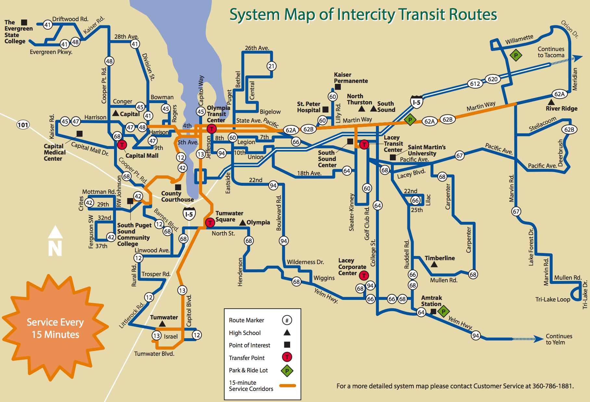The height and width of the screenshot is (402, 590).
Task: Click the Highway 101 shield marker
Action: (x=23, y=125)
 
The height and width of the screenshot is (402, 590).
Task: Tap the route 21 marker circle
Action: (x=271, y=66)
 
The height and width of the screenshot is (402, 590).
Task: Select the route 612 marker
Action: (x=475, y=84)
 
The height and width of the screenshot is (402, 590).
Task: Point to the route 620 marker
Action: (x=493, y=79)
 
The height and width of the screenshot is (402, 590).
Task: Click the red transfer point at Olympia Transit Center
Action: (x=212, y=129)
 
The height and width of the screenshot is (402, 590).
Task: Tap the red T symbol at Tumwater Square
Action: (x=210, y=223)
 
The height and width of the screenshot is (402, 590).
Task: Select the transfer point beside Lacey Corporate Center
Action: (x=364, y=275)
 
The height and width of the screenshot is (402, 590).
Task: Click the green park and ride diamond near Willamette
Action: (x=516, y=55)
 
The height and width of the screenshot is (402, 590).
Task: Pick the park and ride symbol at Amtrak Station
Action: (x=443, y=311)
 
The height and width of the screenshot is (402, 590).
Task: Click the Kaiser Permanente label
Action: (x=351, y=78)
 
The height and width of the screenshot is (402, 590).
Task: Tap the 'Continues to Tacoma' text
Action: (x=551, y=52)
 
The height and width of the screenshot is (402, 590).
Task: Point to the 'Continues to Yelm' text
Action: (x=559, y=339)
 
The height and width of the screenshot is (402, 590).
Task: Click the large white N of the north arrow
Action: (x=55, y=248)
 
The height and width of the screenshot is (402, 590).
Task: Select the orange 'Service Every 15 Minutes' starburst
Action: (x=55, y=328)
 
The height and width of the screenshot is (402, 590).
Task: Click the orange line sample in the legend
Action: (x=288, y=386)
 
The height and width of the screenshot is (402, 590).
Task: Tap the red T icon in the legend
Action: (x=287, y=357)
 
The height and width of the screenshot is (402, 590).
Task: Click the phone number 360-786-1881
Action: (x=553, y=386)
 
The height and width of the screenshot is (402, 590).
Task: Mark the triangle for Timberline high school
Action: (x=434, y=264)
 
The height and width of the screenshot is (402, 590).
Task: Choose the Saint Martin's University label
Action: (x=427, y=150)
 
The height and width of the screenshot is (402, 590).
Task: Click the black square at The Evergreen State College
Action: (x=24, y=22)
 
